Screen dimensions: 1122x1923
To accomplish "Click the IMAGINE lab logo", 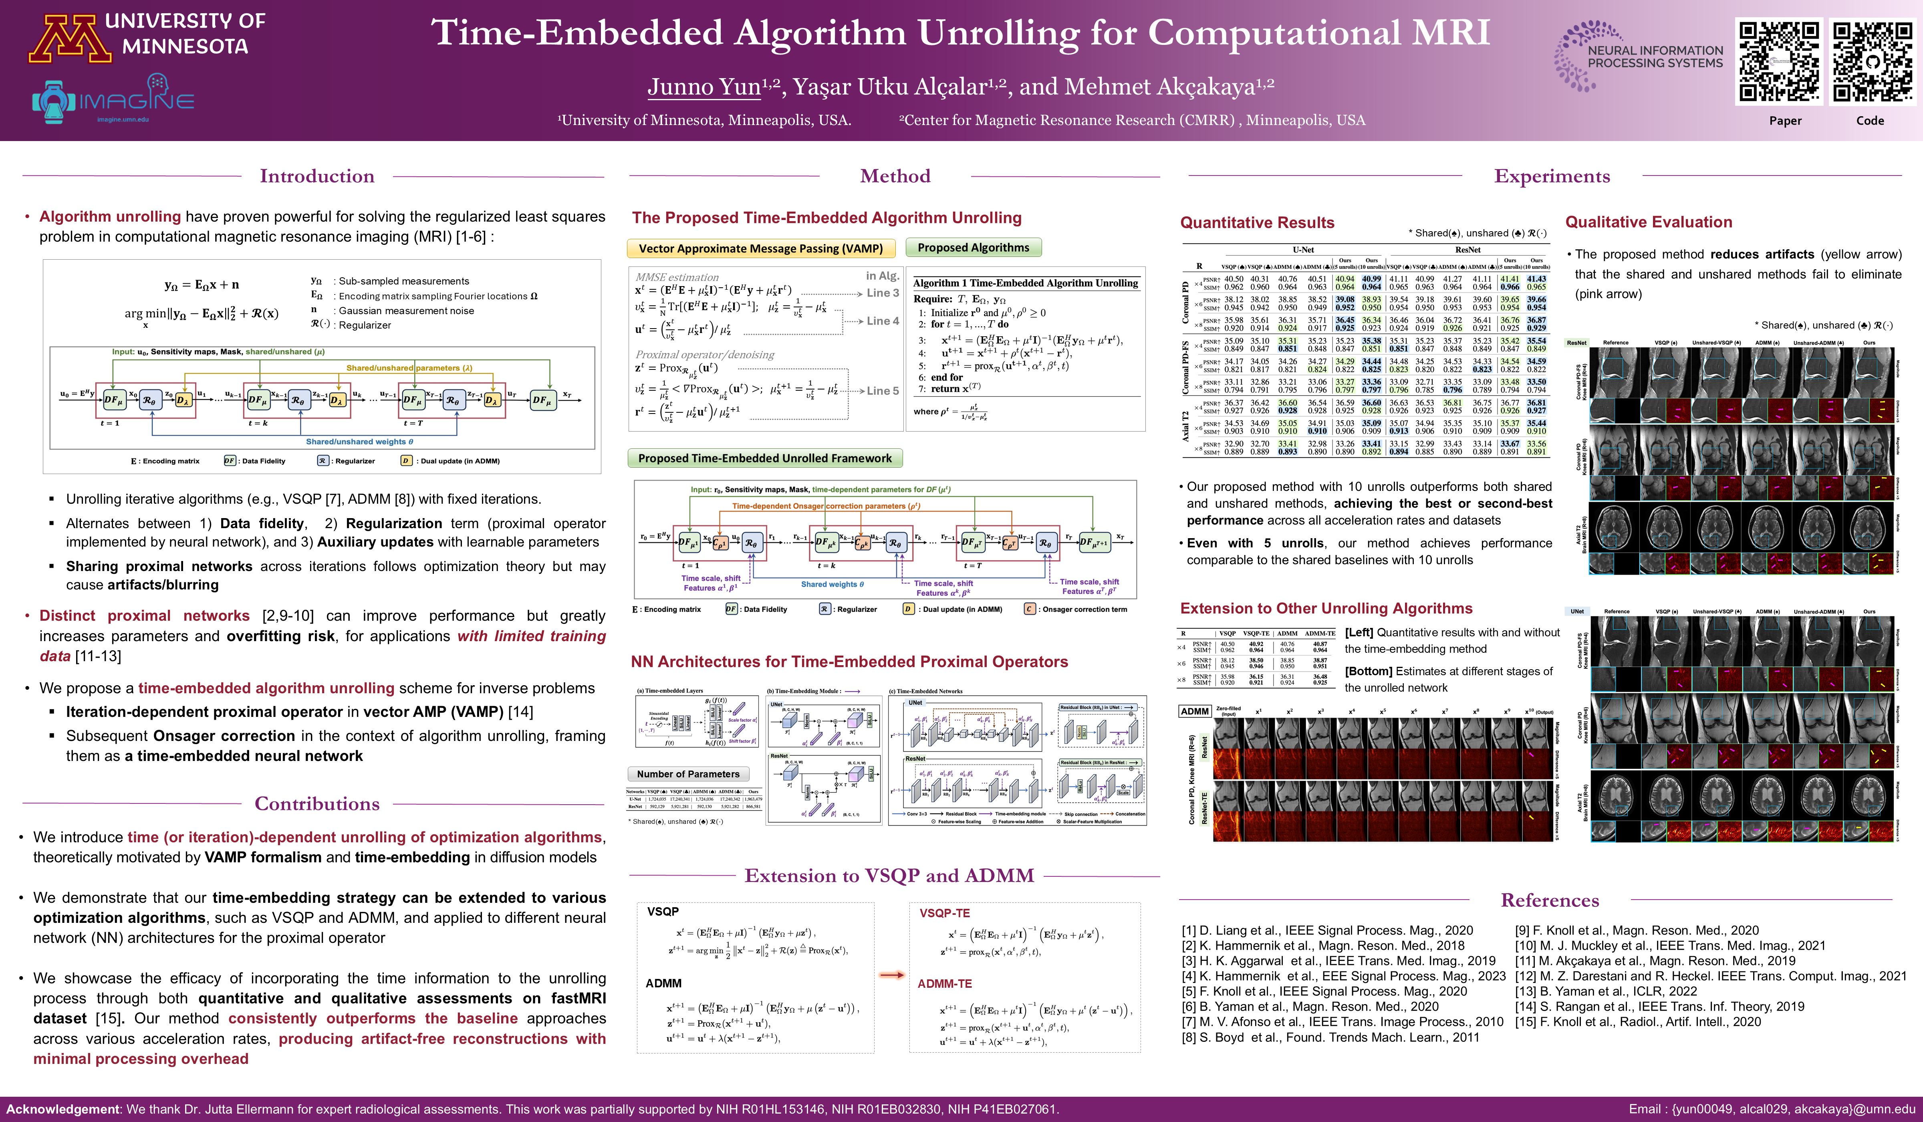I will click(x=113, y=99).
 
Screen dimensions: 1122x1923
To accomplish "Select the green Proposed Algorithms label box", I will click(x=973, y=248).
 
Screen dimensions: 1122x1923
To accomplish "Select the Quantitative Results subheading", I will click(x=1257, y=223).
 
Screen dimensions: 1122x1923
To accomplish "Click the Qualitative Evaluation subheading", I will click(x=1648, y=222).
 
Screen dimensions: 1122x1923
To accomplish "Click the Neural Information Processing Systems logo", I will click(x=1639, y=57).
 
